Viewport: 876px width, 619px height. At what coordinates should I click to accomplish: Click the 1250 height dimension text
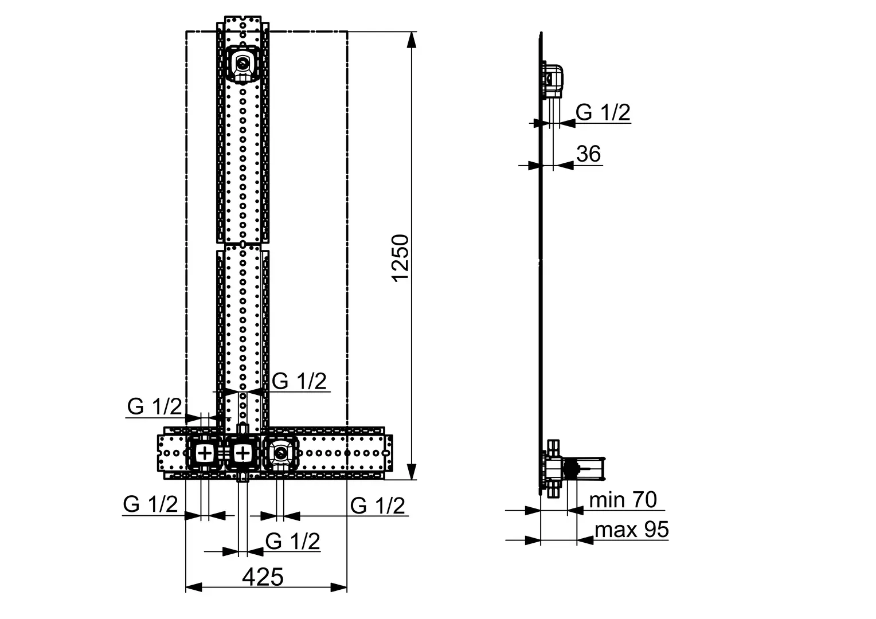401,258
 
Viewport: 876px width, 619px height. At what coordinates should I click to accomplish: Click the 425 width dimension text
263,577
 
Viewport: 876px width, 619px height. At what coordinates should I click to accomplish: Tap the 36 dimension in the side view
589,154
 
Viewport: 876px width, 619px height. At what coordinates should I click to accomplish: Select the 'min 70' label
623,500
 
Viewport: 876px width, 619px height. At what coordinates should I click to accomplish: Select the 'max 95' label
632,530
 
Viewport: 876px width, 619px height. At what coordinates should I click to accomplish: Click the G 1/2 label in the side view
603,112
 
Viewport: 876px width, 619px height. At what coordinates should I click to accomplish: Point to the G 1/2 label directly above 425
292,542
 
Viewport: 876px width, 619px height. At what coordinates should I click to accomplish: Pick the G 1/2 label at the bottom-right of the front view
377,506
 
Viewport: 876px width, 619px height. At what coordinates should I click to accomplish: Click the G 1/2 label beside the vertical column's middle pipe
299,381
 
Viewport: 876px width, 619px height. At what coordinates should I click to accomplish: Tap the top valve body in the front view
243,64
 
